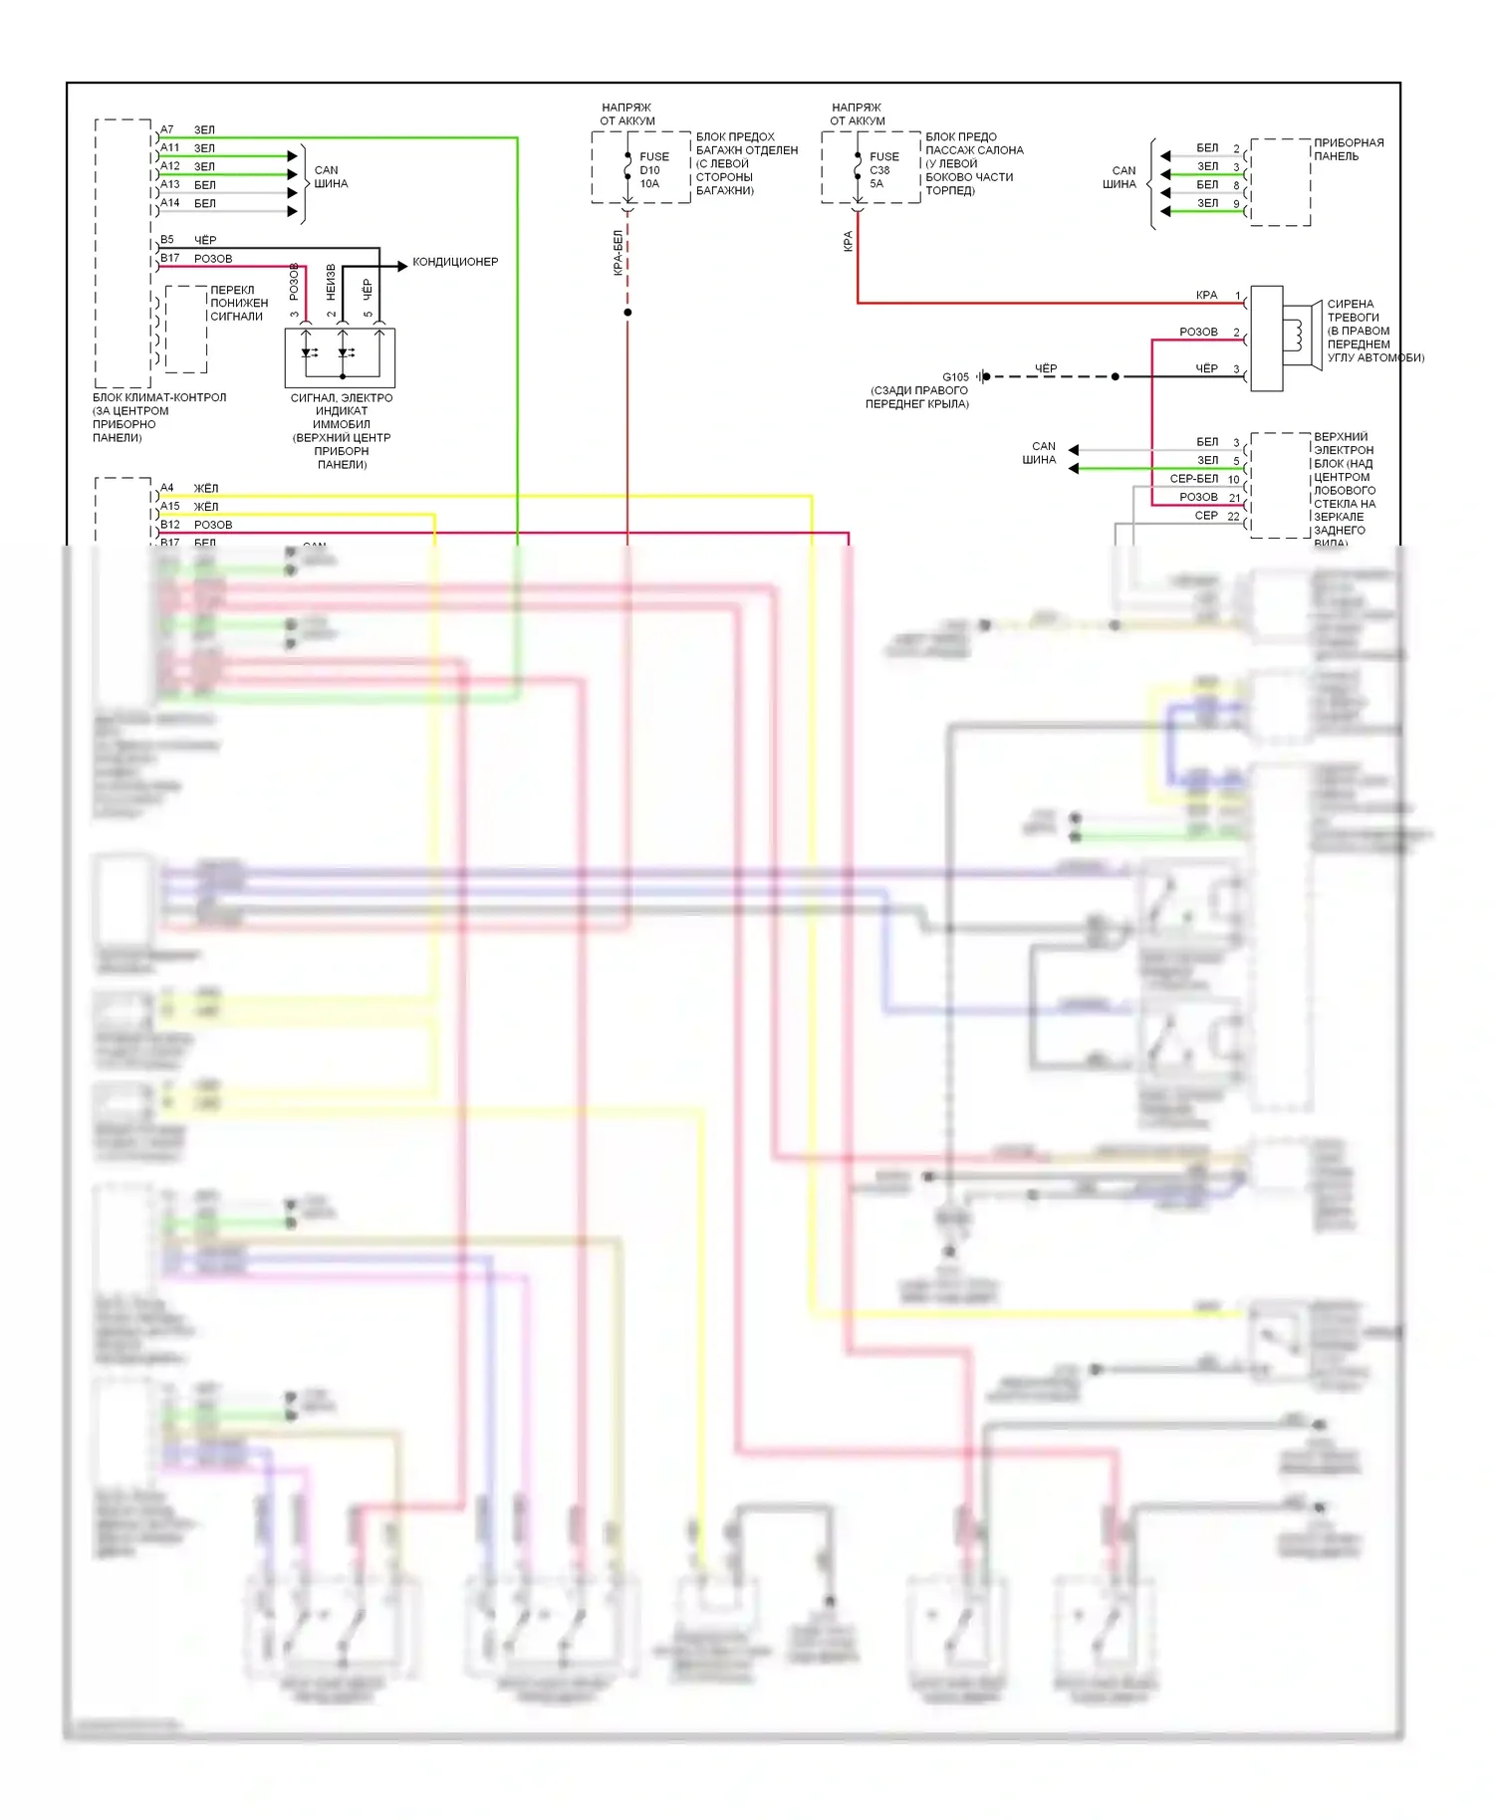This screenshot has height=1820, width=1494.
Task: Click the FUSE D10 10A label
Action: (653, 170)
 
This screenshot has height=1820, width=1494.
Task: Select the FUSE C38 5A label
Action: (883, 170)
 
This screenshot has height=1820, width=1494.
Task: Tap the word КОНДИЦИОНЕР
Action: (455, 262)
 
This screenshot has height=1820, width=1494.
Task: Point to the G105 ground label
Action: (955, 377)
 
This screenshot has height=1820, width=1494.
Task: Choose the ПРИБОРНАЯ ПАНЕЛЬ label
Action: (1348, 149)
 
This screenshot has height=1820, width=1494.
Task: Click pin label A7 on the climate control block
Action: (167, 129)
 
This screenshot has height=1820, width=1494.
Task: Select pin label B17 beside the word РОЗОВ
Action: (170, 258)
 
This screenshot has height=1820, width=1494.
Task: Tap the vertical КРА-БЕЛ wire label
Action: (619, 252)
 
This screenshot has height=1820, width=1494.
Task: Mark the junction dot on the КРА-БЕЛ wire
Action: (627, 313)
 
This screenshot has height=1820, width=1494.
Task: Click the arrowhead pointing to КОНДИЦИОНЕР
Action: (402, 266)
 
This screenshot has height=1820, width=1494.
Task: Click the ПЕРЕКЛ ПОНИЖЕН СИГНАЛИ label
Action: (238, 304)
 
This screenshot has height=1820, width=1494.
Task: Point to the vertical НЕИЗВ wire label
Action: (332, 283)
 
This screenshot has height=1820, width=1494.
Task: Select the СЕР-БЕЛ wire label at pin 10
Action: (1193, 479)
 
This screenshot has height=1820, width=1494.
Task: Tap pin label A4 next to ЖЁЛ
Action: (167, 488)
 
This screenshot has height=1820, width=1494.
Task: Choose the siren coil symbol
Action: (1299, 336)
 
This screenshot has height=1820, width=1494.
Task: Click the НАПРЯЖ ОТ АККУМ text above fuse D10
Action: (626, 114)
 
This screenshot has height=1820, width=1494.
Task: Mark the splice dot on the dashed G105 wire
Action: (1116, 376)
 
